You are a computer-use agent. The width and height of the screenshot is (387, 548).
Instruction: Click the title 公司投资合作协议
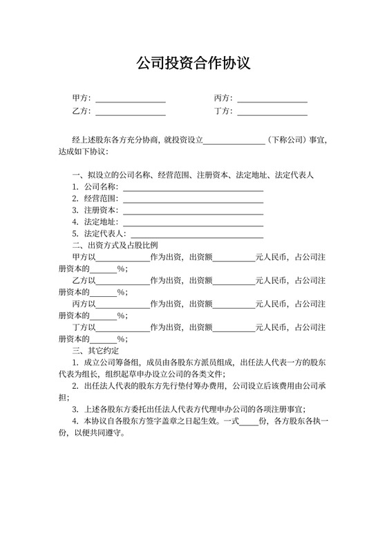tap(193, 64)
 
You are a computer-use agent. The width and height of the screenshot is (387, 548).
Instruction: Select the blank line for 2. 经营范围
tap(193, 201)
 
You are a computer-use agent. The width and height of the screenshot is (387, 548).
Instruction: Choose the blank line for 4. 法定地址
tap(193, 224)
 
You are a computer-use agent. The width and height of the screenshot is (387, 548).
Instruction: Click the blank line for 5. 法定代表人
tap(197, 236)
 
